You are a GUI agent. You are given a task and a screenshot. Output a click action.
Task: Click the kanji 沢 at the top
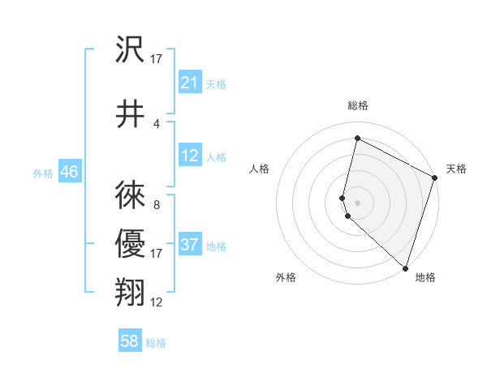[x=131, y=51]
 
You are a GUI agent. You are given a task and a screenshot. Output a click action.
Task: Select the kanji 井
[x=131, y=114]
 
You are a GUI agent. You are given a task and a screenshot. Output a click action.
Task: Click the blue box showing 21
[x=190, y=83]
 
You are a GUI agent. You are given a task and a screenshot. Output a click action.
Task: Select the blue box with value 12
[x=190, y=156]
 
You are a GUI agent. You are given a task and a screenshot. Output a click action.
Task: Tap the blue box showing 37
[x=190, y=245]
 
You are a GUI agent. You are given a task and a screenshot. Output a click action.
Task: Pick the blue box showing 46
[x=69, y=172]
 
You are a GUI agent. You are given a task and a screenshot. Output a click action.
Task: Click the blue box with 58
[x=130, y=342]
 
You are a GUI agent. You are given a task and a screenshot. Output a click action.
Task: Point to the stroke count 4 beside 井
[x=157, y=123]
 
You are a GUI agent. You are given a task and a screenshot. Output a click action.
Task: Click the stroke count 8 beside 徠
[x=157, y=205]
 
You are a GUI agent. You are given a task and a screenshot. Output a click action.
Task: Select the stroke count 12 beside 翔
[x=157, y=302]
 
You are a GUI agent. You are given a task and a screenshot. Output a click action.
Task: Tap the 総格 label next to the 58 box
[x=156, y=343]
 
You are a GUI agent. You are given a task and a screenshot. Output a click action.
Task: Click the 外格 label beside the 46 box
[x=43, y=173]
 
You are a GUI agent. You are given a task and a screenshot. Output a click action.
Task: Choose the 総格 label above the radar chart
[x=357, y=105]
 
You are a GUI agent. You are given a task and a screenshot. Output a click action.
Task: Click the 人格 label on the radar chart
[x=259, y=169]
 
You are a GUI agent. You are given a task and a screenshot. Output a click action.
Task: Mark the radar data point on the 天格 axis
[x=435, y=179]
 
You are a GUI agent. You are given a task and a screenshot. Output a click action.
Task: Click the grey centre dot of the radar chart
[x=357, y=201]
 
